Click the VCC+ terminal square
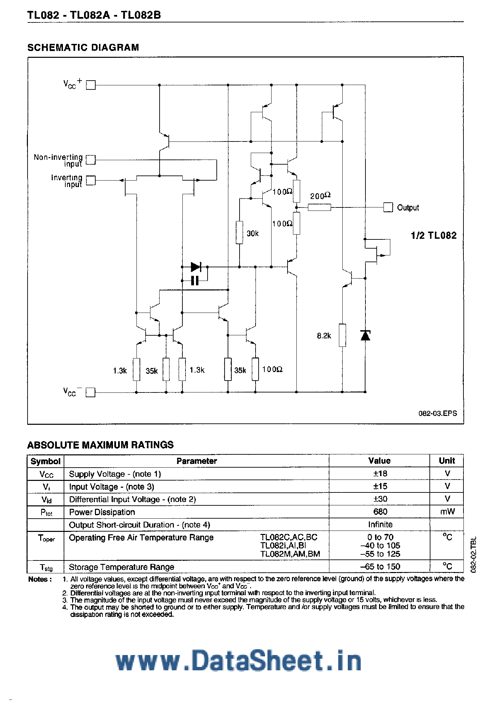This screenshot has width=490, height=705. [91, 85]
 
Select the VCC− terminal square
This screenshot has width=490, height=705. [91, 392]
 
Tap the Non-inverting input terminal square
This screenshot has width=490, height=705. [91, 160]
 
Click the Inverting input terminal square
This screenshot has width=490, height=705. [91, 180]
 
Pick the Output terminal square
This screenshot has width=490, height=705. [388, 207]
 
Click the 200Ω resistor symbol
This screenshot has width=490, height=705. [319, 207]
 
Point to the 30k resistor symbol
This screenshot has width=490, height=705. [240, 232]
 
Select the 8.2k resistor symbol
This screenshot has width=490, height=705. [342, 335]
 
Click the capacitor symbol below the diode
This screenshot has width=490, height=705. [195, 281]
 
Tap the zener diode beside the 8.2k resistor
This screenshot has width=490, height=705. [365, 335]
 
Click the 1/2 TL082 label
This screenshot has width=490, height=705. [434, 235]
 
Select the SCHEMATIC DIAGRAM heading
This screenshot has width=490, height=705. [83, 47]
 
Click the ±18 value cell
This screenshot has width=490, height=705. [380, 473]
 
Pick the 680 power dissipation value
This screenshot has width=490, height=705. [380, 512]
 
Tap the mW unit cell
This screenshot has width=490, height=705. [447, 512]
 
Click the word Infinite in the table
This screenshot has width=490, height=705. [380, 525]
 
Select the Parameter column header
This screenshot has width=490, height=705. [196, 461]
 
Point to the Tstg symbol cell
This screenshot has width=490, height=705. [46, 567]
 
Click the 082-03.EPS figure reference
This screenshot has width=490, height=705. [437, 413]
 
